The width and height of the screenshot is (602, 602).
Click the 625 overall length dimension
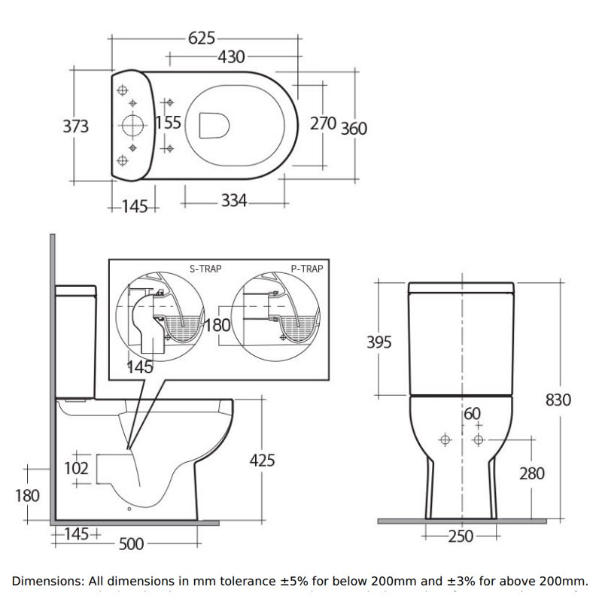(x=201, y=37)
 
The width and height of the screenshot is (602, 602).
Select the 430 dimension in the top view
(x=231, y=56)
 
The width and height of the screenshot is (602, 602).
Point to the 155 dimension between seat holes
(x=168, y=123)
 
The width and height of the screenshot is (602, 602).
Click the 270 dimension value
(x=323, y=123)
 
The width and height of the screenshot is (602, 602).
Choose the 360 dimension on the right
(x=354, y=129)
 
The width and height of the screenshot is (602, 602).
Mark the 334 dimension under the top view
(x=233, y=201)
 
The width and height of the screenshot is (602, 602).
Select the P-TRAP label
(x=307, y=267)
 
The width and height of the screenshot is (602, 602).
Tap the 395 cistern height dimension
(x=380, y=343)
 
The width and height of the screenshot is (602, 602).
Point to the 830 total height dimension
(x=558, y=400)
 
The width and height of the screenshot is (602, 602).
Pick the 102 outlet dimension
(x=76, y=468)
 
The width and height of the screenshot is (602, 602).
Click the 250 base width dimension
(x=461, y=537)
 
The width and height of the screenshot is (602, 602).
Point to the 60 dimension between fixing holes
(x=471, y=413)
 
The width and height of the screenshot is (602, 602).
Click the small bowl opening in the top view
(x=215, y=124)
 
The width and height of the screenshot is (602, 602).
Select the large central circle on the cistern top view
(x=132, y=124)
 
